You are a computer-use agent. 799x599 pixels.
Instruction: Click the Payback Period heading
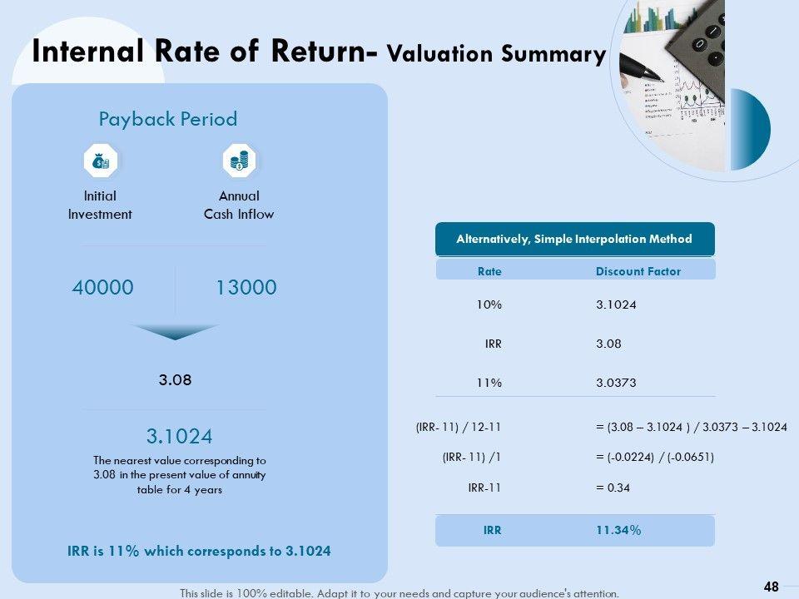[168, 119]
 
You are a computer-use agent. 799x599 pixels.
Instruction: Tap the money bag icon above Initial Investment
[100, 161]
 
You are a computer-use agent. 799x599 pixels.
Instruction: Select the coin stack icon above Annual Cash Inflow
[239, 161]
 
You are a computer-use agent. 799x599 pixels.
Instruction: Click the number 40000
[102, 288]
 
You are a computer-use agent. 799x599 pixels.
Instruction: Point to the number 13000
[246, 288]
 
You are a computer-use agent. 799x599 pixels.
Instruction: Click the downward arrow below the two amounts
[175, 332]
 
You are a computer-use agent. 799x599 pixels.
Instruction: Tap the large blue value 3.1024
[179, 436]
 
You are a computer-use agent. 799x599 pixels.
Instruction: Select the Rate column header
[489, 271]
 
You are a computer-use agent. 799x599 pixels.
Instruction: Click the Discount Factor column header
[638, 271]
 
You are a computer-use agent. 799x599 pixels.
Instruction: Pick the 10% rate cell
[489, 304]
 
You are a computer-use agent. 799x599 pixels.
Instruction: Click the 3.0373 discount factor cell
[616, 383]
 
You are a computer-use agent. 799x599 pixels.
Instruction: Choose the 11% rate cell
[489, 383]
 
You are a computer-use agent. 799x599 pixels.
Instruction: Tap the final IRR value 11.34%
[618, 530]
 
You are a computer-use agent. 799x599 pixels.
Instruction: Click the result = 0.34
[613, 488]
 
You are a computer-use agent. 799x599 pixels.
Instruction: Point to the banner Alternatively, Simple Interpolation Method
[574, 239]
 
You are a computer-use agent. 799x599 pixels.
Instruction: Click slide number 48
[771, 587]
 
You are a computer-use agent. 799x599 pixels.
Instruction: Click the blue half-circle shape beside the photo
[751, 129]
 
